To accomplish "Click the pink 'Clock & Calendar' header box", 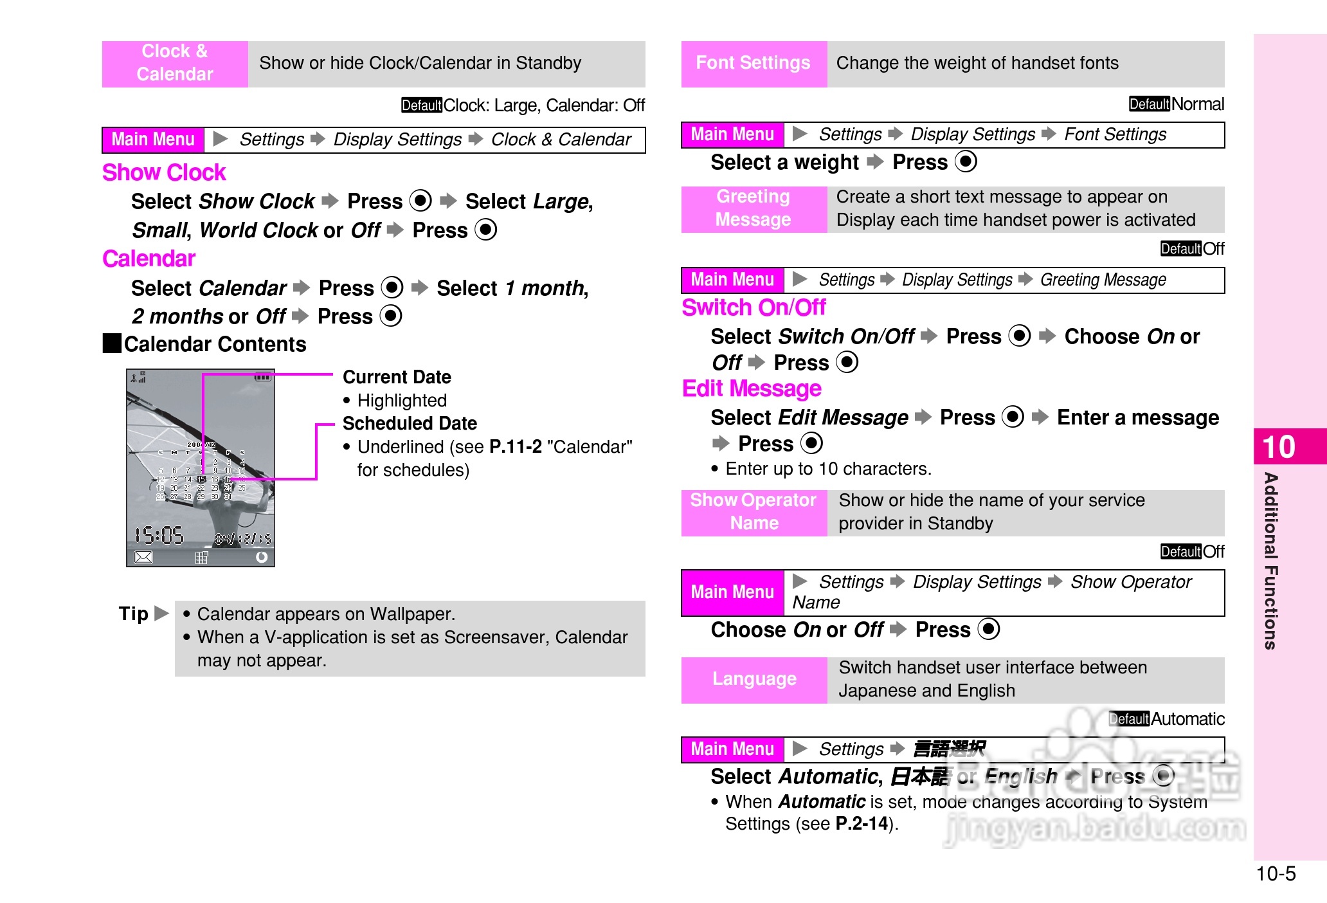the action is (x=175, y=63).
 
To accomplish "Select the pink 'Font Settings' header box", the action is (x=754, y=63).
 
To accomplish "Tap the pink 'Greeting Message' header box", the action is (x=754, y=208).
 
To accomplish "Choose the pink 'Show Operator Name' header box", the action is (x=754, y=512).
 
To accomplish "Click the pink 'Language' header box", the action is (x=754, y=679).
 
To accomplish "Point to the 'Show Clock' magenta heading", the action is (x=164, y=172).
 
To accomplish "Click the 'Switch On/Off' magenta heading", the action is (x=754, y=308).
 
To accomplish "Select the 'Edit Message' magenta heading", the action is (x=752, y=389).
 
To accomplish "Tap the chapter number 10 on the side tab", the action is (x=1278, y=447).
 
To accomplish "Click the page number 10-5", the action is (x=1276, y=873).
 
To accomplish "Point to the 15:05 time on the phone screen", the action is (x=159, y=535).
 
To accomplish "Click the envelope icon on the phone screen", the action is (x=143, y=557).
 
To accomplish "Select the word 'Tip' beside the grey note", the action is (x=134, y=614).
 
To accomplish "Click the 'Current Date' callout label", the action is (x=397, y=377).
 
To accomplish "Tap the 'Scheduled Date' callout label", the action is (x=410, y=423).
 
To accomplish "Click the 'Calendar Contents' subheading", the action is (x=215, y=345).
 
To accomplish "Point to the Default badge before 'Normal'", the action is (x=1150, y=104).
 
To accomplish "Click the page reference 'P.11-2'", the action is (x=516, y=447).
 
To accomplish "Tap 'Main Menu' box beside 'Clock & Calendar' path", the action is (x=153, y=140).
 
